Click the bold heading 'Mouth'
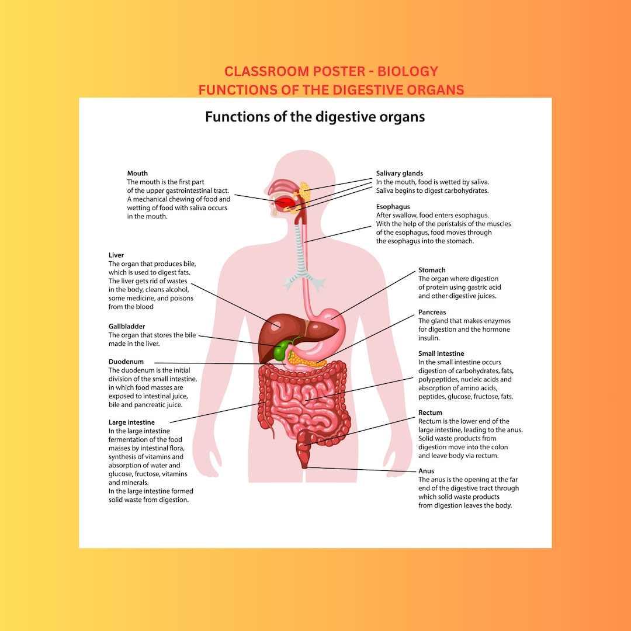[x=137, y=174]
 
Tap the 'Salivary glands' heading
[x=399, y=174]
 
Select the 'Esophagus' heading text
[x=393, y=207]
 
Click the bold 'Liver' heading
[x=116, y=255]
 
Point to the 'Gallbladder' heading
[x=127, y=327]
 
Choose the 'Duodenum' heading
[x=126, y=362]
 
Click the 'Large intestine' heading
[x=131, y=422]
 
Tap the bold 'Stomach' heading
[x=432, y=270]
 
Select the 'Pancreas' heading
[x=432, y=313]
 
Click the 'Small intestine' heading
[x=441, y=353]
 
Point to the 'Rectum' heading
[x=430, y=412]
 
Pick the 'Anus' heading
[x=426, y=471]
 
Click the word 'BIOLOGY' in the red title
[x=407, y=71]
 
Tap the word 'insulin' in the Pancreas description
[x=429, y=338]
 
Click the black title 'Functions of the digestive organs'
[x=315, y=117]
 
